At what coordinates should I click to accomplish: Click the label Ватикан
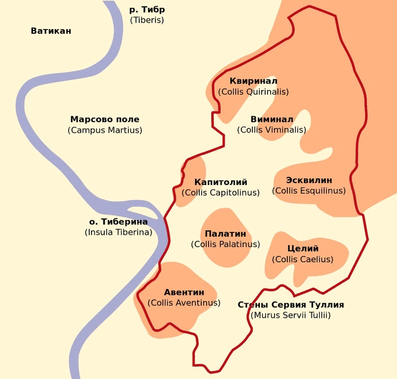(x=51, y=31)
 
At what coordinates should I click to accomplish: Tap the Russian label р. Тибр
(x=147, y=10)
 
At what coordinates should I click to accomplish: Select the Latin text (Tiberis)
(x=147, y=20)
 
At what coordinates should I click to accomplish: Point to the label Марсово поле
(x=105, y=119)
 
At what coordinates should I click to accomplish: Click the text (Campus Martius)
(x=105, y=130)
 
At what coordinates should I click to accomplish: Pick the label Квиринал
(x=253, y=81)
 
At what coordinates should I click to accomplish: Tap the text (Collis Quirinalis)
(x=253, y=92)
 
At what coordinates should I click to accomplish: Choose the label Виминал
(x=272, y=119)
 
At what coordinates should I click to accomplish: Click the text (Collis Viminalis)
(x=272, y=130)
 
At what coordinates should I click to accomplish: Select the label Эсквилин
(x=309, y=180)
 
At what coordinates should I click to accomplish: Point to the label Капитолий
(x=220, y=182)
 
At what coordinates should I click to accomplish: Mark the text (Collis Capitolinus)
(x=220, y=192)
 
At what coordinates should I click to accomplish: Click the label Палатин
(x=225, y=234)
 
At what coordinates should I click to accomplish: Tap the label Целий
(x=303, y=249)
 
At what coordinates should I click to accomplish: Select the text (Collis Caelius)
(x=303, y=259)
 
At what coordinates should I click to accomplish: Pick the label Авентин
(x=184, y=292)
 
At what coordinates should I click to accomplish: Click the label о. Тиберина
(x=118, y=221)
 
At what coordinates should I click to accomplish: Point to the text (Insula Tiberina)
(x=118, y=232)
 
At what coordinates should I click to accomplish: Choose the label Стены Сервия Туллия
(x=291, y=305)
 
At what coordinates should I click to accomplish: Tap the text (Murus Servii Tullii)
(x=291, y=315)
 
